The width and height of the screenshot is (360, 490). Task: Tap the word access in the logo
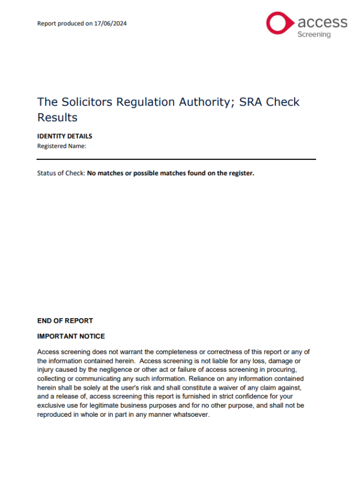tap(322, 22)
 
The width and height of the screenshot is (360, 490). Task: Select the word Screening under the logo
tap(314, 34)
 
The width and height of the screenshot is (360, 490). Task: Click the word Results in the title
tap(57, 118)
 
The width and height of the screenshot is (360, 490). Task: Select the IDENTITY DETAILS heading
tap(64, 136)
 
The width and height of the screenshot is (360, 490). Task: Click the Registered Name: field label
tap(61, 146)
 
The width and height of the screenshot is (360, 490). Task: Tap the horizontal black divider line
tap(176, 159)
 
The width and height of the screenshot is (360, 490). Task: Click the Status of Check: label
tap(61, 173)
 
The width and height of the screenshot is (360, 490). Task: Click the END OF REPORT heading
tap(65, 321)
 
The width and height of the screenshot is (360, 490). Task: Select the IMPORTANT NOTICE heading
tap(71, 336)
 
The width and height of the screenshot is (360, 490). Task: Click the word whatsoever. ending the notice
tap(190, 415)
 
